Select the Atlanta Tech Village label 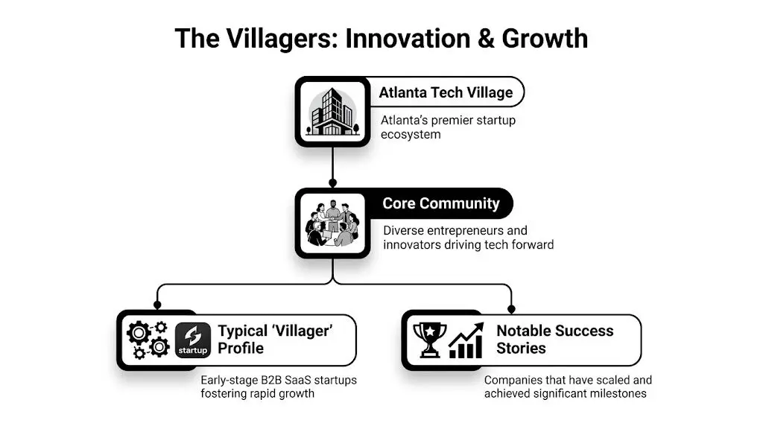coord(446,92)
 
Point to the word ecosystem coord(411,135)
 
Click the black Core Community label coord(440,203)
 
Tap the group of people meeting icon coord(332,223)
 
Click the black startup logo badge coord(193,340)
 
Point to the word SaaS coord(300,380)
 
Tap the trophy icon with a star coord(430,340)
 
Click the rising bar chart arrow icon coord(466,340)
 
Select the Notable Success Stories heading coord(555,340)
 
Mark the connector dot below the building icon coord(332,182)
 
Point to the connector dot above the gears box coord(156,305)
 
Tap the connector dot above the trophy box coord(511,308)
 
